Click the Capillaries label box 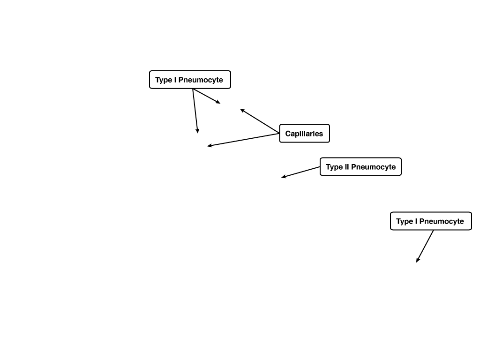[x=305, y=134]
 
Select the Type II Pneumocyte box [x=360, y=167]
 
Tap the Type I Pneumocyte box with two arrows [x=190, y=80]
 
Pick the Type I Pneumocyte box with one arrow [x=431, y=221]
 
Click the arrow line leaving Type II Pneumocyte [x=300, y=172]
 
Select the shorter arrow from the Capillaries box [x=260, y=121]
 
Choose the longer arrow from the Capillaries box [x=243, y=140]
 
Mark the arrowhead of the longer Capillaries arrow [x=210, y=146]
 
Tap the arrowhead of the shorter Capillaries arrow [x=242, y=110]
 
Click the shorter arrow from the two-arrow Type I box [x=207, y=96]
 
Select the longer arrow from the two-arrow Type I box [x=195, y=111]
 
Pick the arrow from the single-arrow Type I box [x=425, y=246]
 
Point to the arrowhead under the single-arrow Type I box [x=418, y=260]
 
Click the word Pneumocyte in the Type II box [x=374, y=167]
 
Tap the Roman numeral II [x=346, y=167]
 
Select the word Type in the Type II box [x=334, y=167]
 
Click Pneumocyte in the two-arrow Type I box [x=201, y=80]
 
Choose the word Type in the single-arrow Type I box [x=405, y=221]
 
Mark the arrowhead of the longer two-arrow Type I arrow [x=197, y=131]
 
